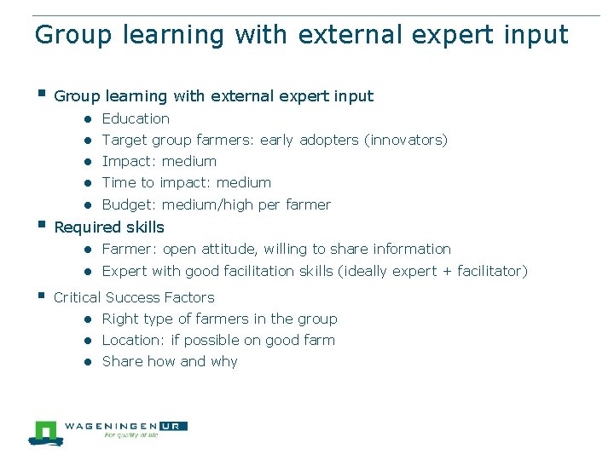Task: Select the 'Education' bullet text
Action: (x=136, y=119)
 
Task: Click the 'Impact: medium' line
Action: (x=159, y=162)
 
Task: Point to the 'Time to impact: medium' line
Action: (x=186, y=183)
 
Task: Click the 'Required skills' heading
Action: (x=108, y=227)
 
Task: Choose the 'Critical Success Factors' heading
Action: (x=134, y=298)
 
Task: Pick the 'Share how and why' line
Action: (x=170, y=362)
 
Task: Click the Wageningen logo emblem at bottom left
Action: (x=43, y=432)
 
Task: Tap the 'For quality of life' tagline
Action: (x=130, y=435)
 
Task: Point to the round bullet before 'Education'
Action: (x=88, y=119)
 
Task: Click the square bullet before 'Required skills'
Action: (x=39, y=225)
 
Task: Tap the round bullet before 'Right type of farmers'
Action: (x=88, y=319)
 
